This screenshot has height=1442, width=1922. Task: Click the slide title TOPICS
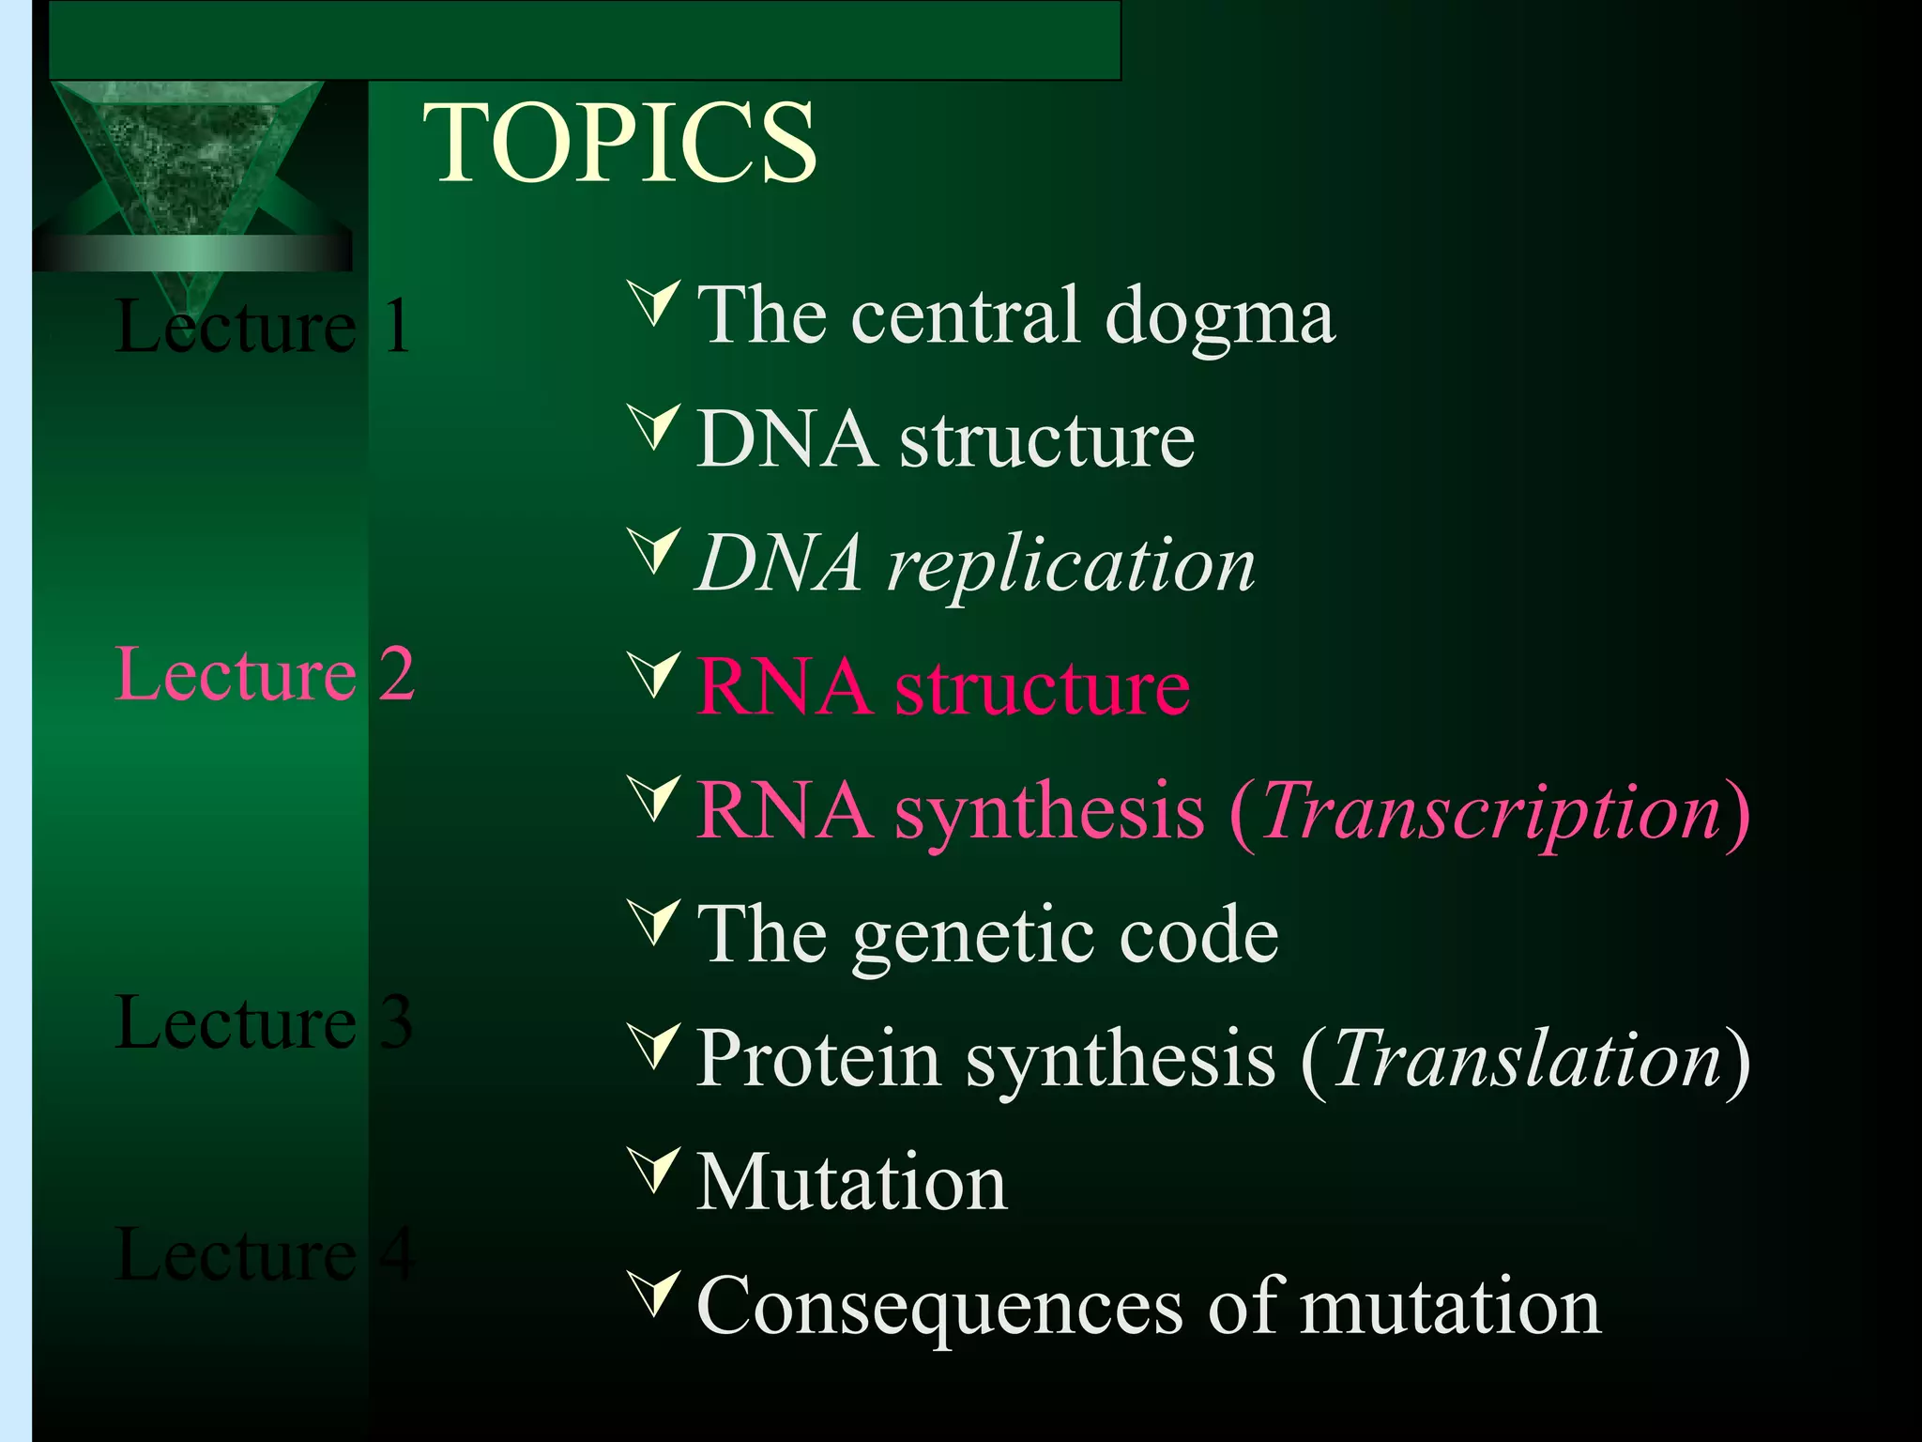pos(620,143)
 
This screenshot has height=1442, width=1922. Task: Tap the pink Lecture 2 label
pos(264,674)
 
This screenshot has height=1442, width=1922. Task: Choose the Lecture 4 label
pos(264,1254)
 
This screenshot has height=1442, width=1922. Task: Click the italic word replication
pos(1071,566)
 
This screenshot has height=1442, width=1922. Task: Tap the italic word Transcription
pos(1491,811)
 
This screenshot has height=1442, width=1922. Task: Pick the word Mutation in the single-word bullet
pos(851,1183)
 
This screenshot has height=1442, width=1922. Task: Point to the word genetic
pos(972,937)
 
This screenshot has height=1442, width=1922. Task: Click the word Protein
pos(818,1059)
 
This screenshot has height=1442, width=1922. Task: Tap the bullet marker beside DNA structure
pos(654,427)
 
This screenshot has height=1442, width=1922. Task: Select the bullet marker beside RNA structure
pos(654,675)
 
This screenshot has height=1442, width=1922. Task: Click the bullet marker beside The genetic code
pos(654,923)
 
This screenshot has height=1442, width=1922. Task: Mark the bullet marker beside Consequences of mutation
pos(654,1295)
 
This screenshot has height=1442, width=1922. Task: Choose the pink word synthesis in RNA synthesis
pos(1049,813)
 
